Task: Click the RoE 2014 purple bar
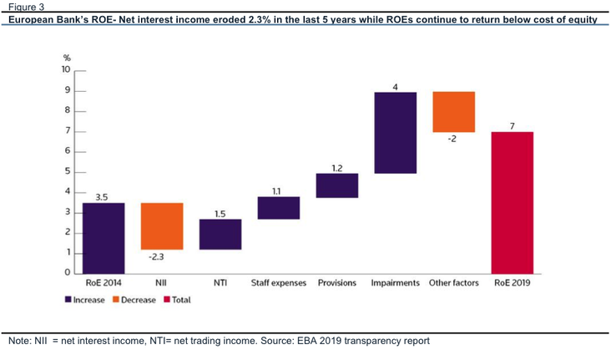(104, 238)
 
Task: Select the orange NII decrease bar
(162, 226)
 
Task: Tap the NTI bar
(220, 235)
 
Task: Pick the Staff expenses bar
(279, 208)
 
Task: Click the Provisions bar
(337, 185)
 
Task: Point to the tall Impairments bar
(396, 133)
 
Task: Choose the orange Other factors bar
(454, 112)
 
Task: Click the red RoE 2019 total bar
(513, 203)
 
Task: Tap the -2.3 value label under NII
(156, 257)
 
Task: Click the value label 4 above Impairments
(395, 87)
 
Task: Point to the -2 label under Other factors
(452, 139)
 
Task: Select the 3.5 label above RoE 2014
(102, 197)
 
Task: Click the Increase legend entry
(85, 300)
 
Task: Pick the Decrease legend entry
(134, 300)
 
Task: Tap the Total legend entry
(177, 300)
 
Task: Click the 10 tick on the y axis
(66, 69)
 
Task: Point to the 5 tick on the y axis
(68, 171)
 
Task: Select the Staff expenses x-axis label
(279, 283)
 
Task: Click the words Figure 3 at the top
(27, 7)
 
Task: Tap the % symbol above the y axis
(67, 58)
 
